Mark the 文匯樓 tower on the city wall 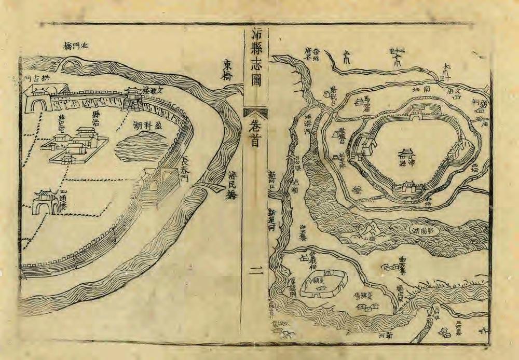(134, 99)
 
